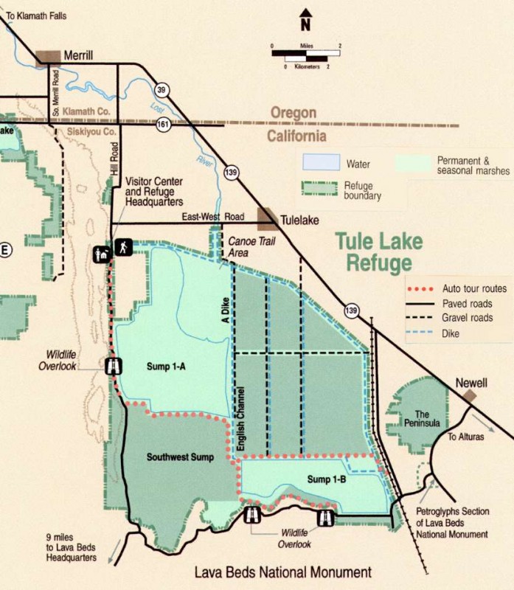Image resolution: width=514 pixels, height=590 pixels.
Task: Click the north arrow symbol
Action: [305, 20]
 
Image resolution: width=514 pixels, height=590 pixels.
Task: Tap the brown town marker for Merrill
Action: [49, 57]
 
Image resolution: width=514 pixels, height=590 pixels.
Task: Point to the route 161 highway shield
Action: [162, 125]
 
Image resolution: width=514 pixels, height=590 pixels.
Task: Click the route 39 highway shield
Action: [162, 89]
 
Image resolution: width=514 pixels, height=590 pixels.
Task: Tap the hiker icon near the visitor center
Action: [121, 248]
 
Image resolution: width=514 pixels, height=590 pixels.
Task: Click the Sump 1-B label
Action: [328, 479]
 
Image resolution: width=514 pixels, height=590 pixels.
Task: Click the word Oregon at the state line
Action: [293, 113]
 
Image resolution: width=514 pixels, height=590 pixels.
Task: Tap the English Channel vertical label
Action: [241, 417]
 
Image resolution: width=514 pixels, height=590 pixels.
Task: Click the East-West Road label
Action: [212, 217]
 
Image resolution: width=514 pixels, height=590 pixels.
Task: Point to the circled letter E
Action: [5, 250]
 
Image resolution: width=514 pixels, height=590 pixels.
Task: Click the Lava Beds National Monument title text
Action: [283, 572]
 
